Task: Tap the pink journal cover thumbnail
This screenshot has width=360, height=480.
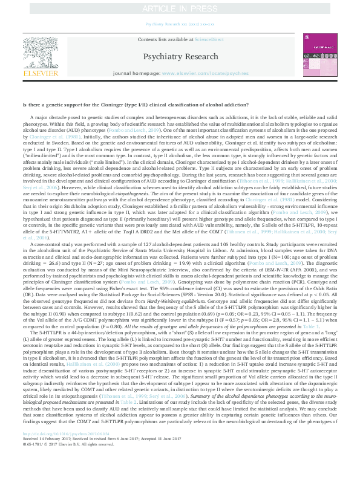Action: pyautogui.click(x=318, y=57)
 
